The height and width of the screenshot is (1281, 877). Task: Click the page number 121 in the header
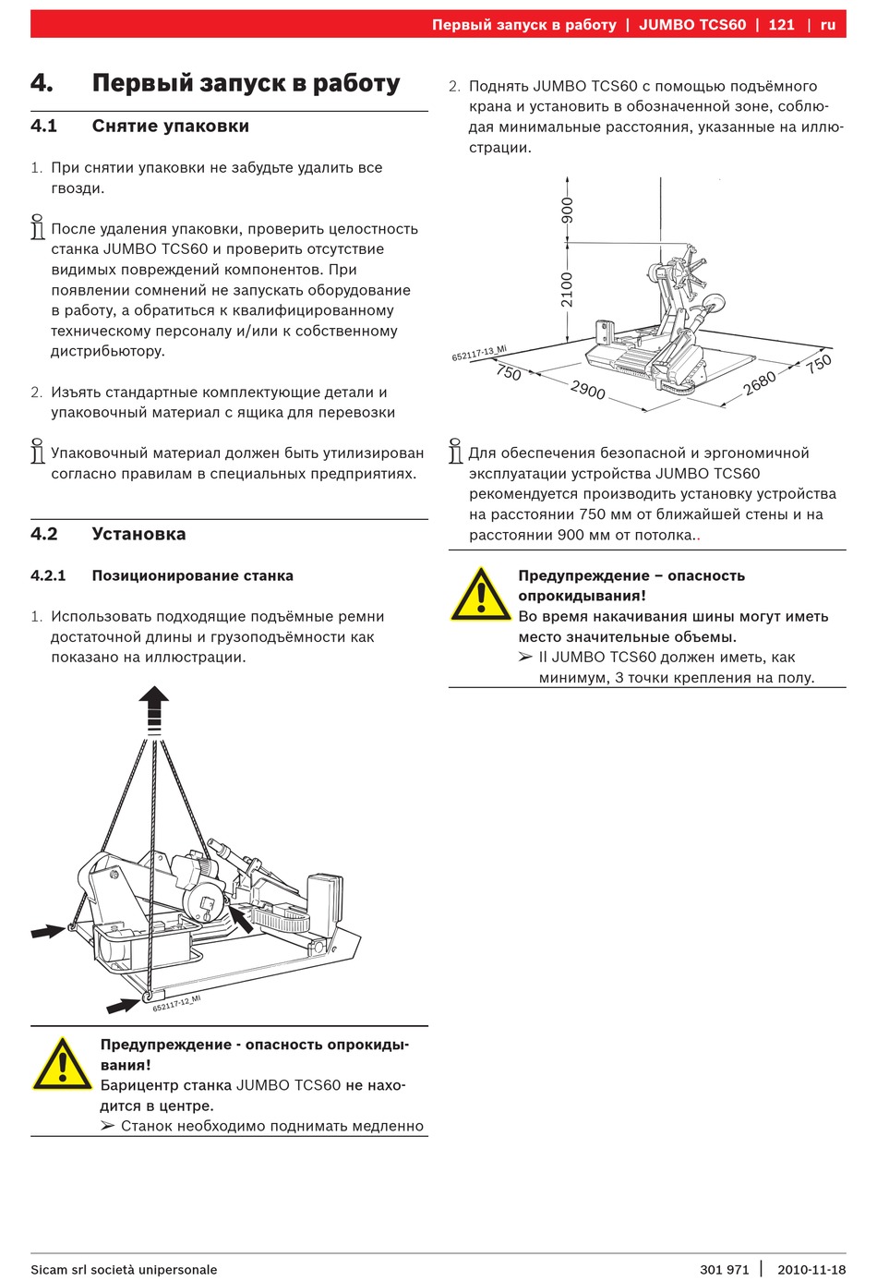tap(781, 25)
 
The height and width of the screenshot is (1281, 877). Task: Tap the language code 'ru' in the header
tap(828, 25)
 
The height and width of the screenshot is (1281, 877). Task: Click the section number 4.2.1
tap(48, 575)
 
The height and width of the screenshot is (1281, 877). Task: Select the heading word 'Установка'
tap(138, 534)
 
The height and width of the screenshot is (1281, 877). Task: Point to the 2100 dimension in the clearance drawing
tap(567, 289)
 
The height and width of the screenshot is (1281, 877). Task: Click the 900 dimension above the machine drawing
tap(567, 210)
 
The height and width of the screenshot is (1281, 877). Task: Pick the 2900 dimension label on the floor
tap(588, 390)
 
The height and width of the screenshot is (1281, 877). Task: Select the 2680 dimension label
tap(760, 381)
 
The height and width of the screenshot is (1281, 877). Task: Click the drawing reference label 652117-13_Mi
tap(479, 354)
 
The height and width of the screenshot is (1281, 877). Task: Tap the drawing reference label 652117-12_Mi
tap(176, 1003)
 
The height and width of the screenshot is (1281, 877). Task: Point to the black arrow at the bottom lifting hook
tap(123, 1004)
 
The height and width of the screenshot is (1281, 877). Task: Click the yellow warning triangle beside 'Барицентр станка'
tap(62, 1064)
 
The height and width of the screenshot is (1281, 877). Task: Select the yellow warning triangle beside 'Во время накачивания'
tap(480, 594)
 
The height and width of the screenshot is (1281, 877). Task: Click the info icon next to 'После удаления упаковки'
tap(38, 227)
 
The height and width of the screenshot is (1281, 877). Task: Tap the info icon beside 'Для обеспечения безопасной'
tap(455, 451)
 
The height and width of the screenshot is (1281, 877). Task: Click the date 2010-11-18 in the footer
tap(811, 1269)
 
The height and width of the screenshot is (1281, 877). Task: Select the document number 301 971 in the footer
tap(725, 1269)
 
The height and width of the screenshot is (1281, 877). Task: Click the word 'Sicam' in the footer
tap(49, 1269)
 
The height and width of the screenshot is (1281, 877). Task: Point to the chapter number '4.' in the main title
tap(42, 83)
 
